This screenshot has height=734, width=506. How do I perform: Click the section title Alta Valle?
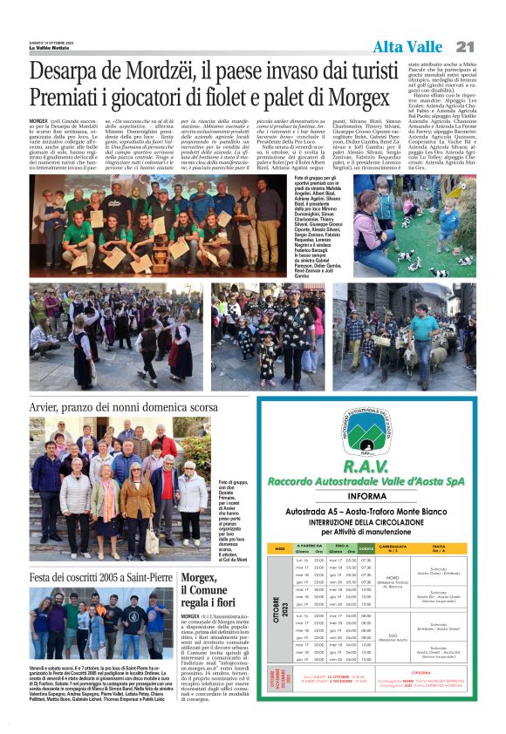point(407,47)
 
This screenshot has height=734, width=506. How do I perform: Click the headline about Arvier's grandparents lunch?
point(124,406)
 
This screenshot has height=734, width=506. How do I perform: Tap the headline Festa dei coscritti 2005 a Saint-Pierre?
point(100,577)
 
